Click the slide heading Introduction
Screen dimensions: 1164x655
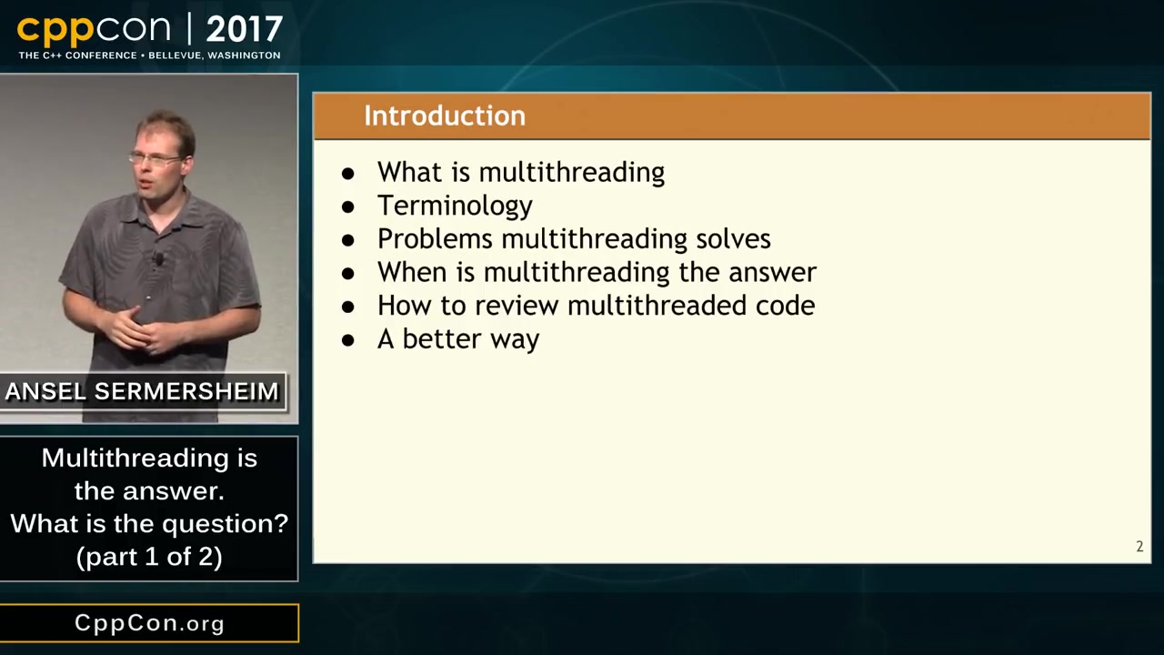click(445, 116)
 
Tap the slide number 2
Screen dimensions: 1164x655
click(1139, 547)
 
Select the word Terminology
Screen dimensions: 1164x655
click(455, 206)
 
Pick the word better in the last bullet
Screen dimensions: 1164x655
click(442, 338)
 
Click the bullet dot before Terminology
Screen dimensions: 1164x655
click(347, 207)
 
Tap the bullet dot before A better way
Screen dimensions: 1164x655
click(347, 340)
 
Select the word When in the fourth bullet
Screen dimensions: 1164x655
click(412, 272)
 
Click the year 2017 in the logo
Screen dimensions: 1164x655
click(245, 29)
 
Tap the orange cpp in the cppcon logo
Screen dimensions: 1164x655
click(55, 31)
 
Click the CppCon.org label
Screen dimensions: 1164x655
click(150, 623)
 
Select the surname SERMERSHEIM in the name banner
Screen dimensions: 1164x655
click(186, 391)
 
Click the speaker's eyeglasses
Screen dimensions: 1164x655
click(155, 158)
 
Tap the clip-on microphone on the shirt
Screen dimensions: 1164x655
click(158, 258)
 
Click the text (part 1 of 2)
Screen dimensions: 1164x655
click(149, 556)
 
